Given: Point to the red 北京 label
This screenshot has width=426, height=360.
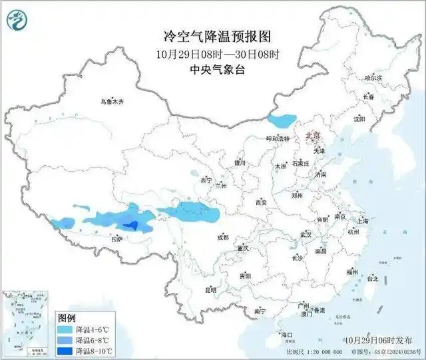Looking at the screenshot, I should (312, 135).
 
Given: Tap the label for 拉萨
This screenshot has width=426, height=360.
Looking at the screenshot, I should (117, 239).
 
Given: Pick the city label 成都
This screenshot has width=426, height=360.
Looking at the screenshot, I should (222, 237).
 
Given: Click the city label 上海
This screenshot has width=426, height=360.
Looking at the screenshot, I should (363, 220).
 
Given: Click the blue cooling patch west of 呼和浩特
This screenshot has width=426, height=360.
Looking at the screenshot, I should (281, 121).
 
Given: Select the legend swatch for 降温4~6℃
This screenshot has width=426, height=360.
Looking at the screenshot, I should (65, 329).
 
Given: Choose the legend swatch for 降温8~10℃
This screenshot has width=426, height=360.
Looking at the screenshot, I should (65, 351).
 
